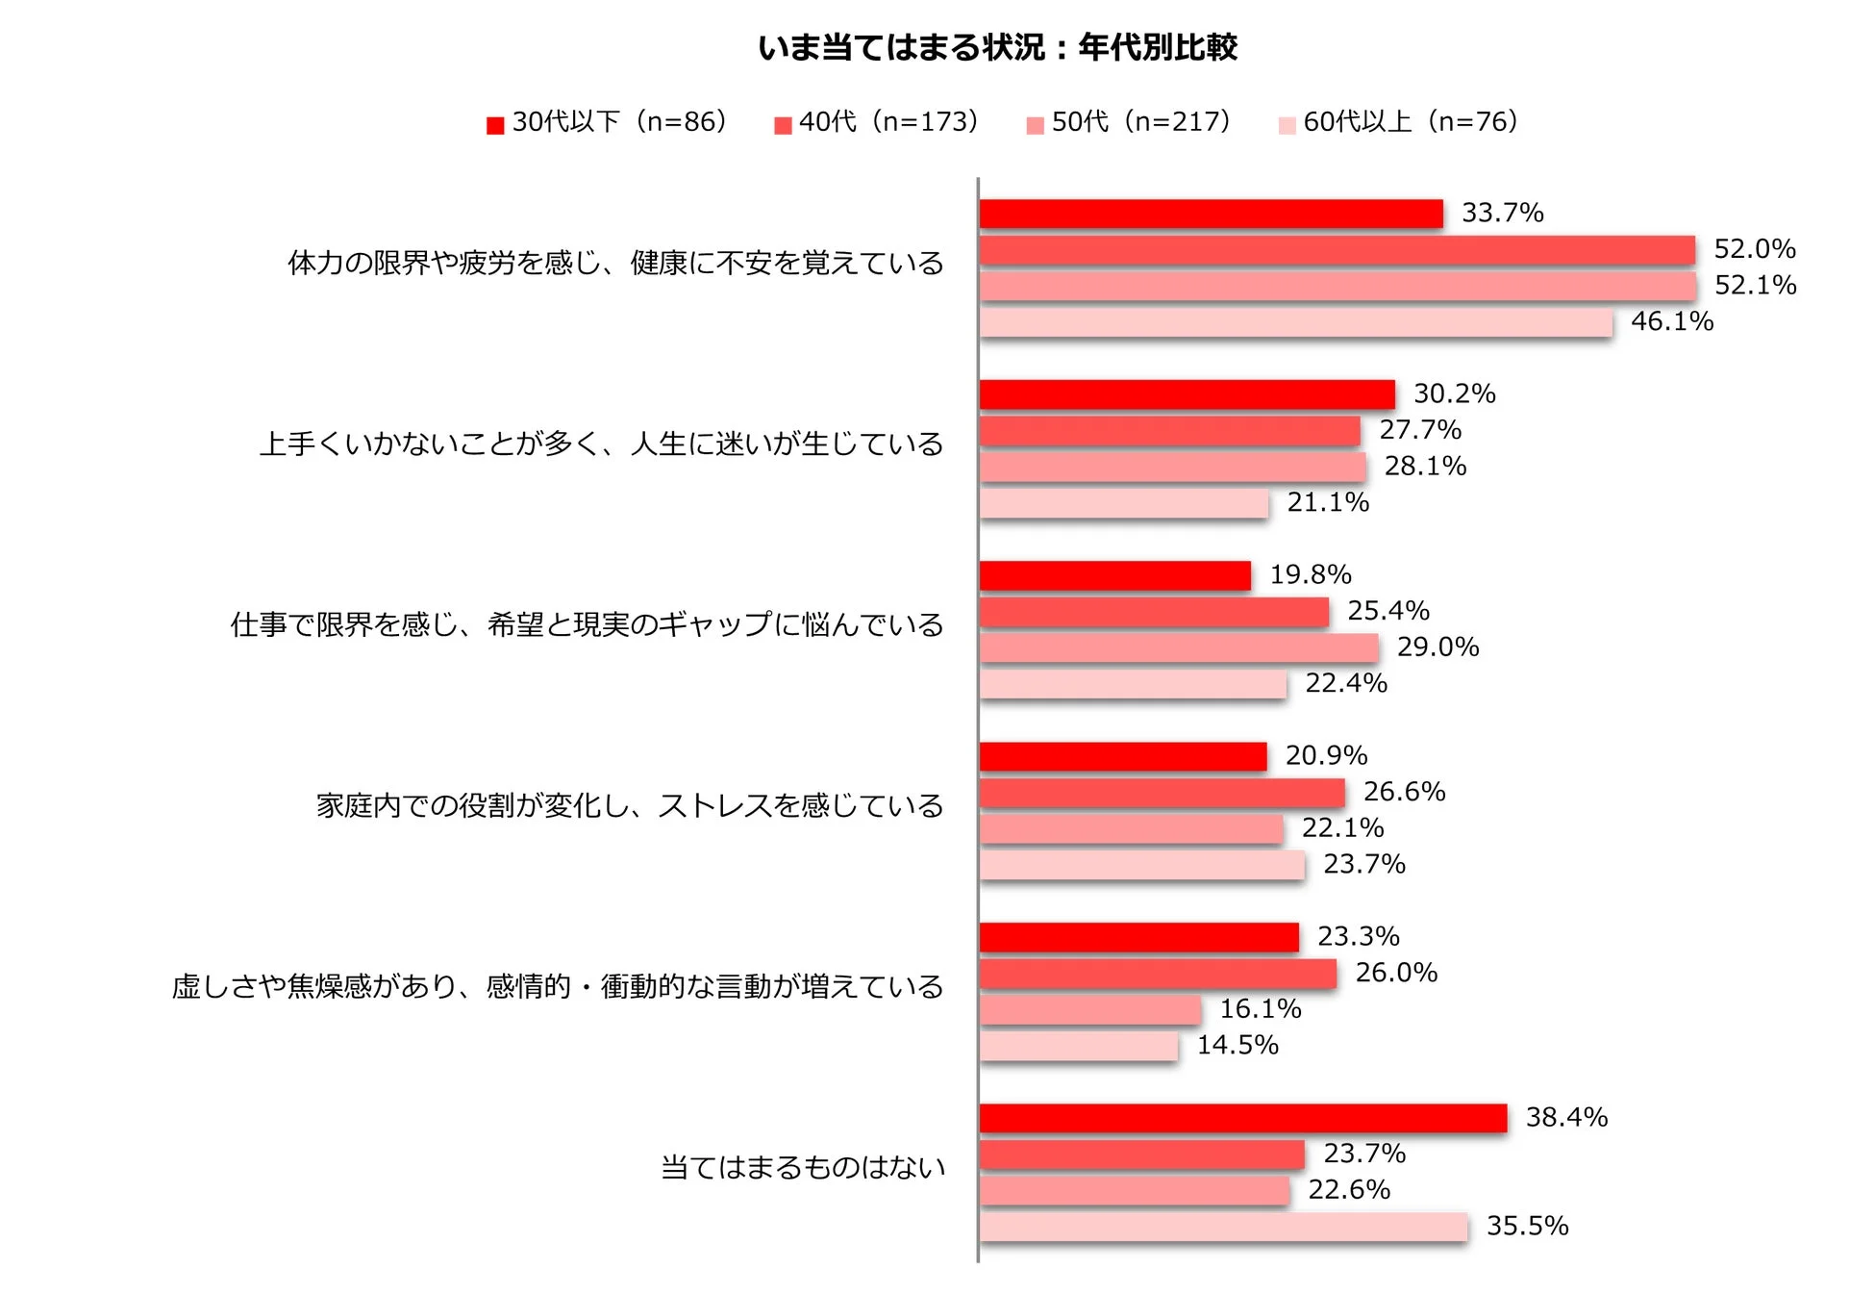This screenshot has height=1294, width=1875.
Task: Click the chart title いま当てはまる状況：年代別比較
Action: (x=997, y=47)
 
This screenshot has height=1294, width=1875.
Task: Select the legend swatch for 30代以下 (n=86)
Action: (x=495, y=125)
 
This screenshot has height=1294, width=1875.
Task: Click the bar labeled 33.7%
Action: (x=1211, y=214)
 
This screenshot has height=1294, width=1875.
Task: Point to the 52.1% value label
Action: (x=1755, y=285)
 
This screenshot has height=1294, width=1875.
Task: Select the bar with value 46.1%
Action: (x=1295, y=322)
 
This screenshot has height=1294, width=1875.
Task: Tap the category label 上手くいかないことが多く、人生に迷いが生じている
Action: (x=601, y=444)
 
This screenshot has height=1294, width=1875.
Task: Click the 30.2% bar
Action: (x=1187, y=394)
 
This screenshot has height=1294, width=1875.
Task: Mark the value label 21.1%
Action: (x=1328, y=502)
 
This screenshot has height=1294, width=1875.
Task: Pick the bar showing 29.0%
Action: (x=1179, y=647)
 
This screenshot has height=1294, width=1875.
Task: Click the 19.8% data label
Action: (x=1311, y=574)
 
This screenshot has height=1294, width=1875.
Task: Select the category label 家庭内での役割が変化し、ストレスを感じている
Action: (x=630, y=806)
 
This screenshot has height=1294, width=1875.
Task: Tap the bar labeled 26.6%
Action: (x=1162, y=793)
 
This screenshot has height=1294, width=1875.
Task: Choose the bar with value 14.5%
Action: (x=1078, y=1046)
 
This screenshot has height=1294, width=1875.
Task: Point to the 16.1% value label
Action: (x=1261, y=1008)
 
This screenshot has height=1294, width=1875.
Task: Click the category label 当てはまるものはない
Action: (x=803, y=1168)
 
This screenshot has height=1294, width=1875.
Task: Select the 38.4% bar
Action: (x=1242, y=1118)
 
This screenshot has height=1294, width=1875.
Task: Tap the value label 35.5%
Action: (x=1527, y=1226)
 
